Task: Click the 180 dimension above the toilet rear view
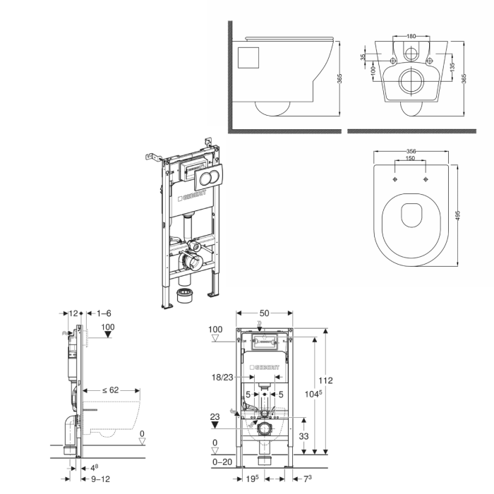[x=411, y=36]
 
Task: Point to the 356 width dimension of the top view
[x=411, y=151]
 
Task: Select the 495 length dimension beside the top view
[x=458, y=215]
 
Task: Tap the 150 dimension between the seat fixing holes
[x=410, y=158]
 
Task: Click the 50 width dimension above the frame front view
[x=265, y=313]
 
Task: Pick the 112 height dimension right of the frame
[x=325, y=380]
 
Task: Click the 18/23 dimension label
[x=222, y=377]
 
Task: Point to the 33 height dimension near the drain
[x=303, y=436]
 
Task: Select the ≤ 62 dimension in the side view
[x=111, y=390]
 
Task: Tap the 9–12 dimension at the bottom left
[x=100, y=479]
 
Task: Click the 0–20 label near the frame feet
[x=222, y=462]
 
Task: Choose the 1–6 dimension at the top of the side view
[x=104, y=313]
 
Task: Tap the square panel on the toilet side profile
[x=248, y=58]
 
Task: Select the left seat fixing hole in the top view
[x=395, y=179]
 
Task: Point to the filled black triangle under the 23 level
[x=215, y=425]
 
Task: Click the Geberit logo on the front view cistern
[x=265, y=368]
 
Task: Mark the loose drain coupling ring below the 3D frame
[x=186, y=295]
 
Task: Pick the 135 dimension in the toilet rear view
[x=452, y=67]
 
